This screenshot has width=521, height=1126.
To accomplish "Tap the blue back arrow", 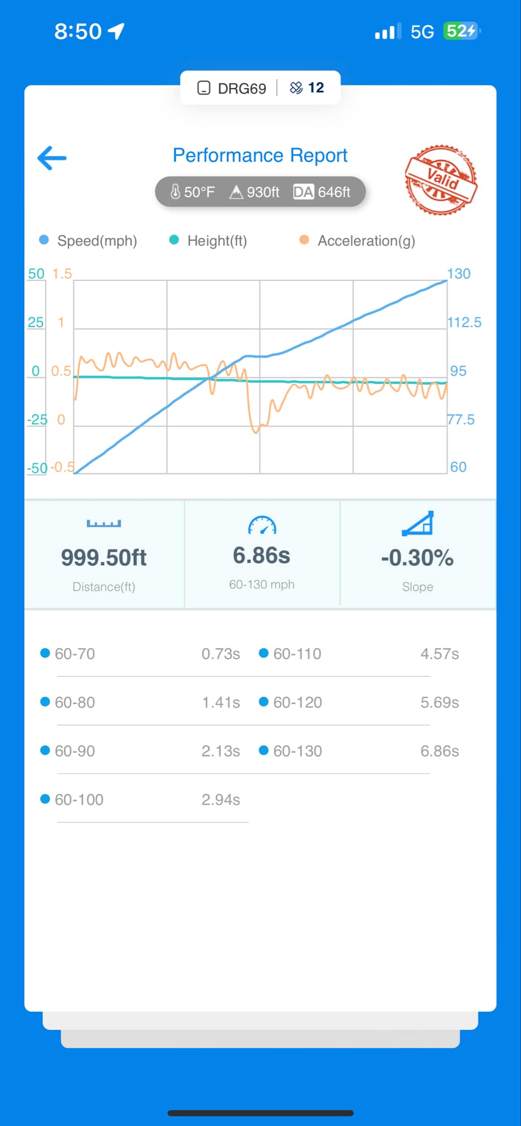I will [x=52, y=158].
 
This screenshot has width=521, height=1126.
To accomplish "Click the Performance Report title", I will [x=260, y=156].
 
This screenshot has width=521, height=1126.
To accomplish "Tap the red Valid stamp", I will [x=441, y=180].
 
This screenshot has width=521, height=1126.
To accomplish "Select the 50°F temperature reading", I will [x=193, y=192].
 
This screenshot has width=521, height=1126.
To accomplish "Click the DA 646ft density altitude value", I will [x=322, y=192].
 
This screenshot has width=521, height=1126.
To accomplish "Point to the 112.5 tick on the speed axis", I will [x=464, y=322].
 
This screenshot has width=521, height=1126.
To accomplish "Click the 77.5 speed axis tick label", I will [x=461, y=420].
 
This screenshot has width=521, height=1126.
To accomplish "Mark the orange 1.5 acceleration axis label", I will [x=62, y=274].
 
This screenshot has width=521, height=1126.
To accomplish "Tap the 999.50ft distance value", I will [x=104, y=558].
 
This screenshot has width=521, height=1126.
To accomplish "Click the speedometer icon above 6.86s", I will [x=262, y=526].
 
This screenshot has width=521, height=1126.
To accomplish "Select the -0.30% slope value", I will [x=417, y=558].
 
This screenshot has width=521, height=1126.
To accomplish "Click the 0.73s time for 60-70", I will [x=221, y=654].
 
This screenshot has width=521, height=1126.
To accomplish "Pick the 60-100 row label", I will [x=79, y=799].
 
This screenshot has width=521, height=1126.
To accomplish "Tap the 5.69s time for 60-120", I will [x=440, y=702].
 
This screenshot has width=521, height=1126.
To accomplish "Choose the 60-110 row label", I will [x=297, y=654].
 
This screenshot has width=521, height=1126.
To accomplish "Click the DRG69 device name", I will [x=242, y=88].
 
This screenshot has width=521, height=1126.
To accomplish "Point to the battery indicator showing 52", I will [x=461, y=31].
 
